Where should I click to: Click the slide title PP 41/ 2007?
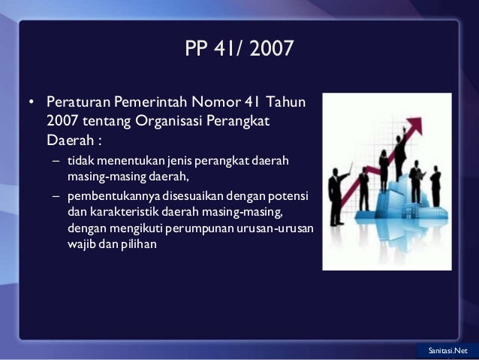point(239,49)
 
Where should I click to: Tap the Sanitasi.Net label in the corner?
point(447,351)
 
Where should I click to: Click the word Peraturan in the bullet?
point(78,101)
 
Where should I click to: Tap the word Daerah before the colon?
point(67,139)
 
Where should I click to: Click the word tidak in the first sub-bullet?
point(78,161)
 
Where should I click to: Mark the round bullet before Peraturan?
point(31,101)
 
